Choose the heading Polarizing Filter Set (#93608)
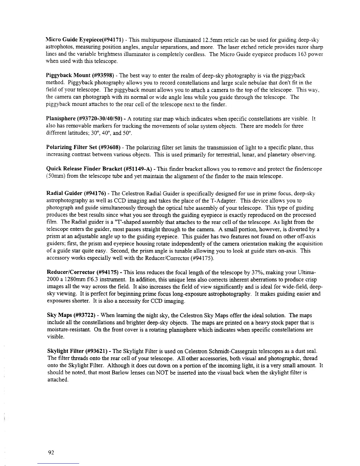[x=78, y=147]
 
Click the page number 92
[x=51, y=453]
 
